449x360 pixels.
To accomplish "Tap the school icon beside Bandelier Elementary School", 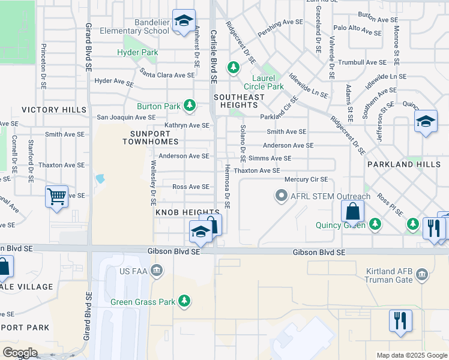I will point(184,22).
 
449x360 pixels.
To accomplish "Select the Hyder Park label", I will point(137,52).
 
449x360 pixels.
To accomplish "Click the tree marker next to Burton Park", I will point(190,106).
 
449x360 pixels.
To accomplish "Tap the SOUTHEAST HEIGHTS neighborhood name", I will point(239,101).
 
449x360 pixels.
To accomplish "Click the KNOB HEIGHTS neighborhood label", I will point(187,213).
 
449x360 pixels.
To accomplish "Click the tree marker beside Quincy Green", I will point(375,224).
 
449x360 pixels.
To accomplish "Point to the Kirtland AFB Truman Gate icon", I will point(422,275).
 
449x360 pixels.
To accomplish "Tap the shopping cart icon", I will point(56,196).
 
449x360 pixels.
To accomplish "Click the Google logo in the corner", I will point(20,353).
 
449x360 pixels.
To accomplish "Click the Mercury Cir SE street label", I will point(306,179).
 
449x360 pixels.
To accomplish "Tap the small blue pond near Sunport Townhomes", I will point(99,179).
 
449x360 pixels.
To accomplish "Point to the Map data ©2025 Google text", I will point(411,355).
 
